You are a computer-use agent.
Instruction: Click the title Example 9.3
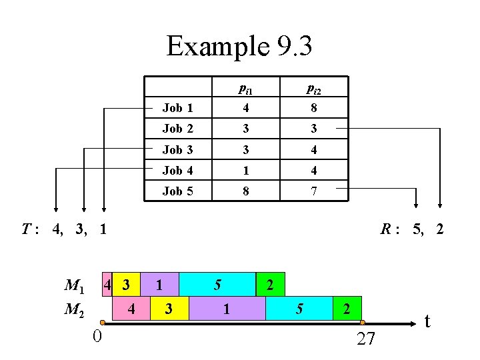point(239,46)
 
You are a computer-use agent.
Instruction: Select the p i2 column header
point(313,88)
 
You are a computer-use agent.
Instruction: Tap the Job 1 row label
point(177,108)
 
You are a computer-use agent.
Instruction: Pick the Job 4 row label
point(177,171)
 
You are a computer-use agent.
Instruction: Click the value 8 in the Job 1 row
point(313,108)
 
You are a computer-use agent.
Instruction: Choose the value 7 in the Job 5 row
point(313,191)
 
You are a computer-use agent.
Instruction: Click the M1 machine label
point(74,287)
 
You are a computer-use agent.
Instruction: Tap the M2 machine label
point(74,309)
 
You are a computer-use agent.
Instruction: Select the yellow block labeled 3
point(169,309)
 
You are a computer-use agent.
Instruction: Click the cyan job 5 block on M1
point(217,285)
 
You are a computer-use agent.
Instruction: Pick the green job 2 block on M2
point(347,309)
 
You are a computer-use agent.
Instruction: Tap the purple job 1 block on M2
point(227,309)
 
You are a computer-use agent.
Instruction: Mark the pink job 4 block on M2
point(131,309)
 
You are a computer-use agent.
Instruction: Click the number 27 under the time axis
point(366,339)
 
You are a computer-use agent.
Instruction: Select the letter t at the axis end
point(427,321)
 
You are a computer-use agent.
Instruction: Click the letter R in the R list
point(386,230)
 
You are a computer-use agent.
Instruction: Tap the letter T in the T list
point(26,230)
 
